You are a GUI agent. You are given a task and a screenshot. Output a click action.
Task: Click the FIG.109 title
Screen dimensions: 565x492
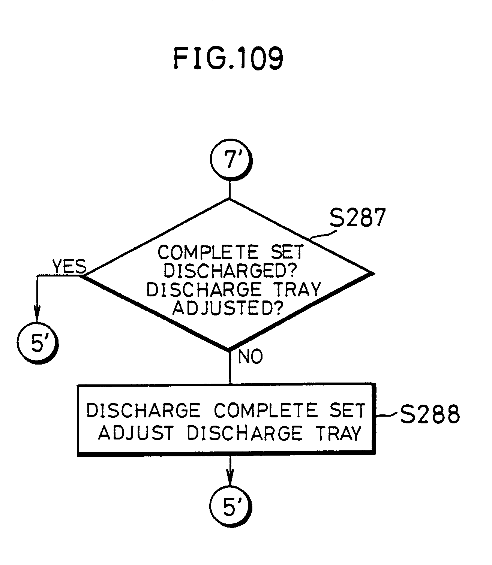point(228,59)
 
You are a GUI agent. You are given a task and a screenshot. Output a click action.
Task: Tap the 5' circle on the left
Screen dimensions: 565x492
point(38,343)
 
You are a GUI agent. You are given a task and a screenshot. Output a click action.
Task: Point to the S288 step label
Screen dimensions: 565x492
point(429,415)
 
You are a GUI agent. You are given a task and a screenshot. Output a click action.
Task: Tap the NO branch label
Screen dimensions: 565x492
point(250,357)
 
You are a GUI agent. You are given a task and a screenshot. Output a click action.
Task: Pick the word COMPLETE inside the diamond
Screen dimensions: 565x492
point(208,252)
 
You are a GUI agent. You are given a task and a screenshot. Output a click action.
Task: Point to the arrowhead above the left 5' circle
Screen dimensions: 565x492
point(37,314)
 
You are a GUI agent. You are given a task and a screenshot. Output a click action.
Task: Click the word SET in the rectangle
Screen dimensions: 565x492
point(350,410)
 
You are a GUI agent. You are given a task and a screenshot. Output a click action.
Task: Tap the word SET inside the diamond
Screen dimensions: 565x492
point(286,252)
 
